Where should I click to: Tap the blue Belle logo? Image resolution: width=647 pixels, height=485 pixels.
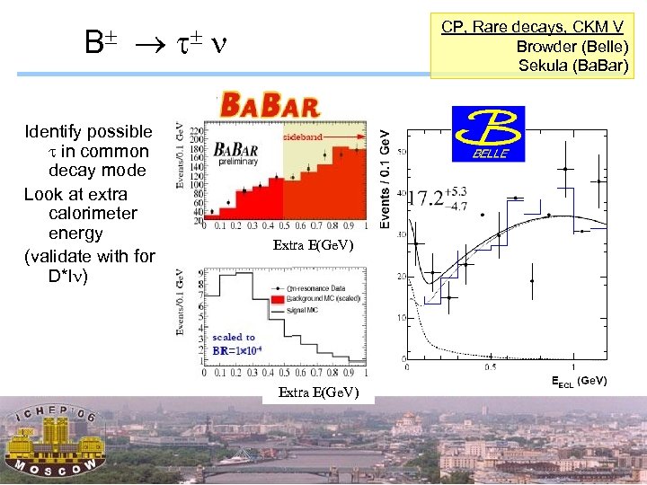[x=488, y=134]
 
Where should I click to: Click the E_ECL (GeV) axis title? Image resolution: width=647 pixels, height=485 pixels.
[x=579, y=381]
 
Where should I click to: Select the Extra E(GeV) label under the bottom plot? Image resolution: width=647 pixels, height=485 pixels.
[x=318, y=392]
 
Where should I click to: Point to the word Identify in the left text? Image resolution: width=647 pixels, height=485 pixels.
[x=52, y=132]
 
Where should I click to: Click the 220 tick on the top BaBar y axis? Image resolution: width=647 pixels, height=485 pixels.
[x=196, y=130]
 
